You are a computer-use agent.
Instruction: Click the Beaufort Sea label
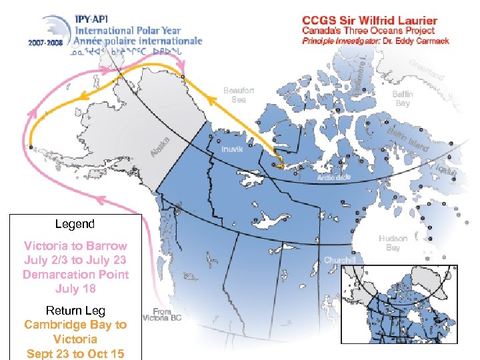239,95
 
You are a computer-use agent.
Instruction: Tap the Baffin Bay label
403,99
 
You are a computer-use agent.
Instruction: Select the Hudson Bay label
393,243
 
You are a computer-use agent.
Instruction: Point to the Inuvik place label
232,149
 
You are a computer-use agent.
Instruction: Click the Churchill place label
340,259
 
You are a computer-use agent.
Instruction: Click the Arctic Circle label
334,177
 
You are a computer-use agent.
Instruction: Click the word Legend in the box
75,225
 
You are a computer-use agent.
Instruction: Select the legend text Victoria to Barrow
75,245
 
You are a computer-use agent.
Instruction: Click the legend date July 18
75,289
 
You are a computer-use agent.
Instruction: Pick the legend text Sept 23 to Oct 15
75,353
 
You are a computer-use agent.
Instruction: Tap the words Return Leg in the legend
75,311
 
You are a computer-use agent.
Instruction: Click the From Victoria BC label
162,314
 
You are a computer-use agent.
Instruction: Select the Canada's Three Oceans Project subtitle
368,31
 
